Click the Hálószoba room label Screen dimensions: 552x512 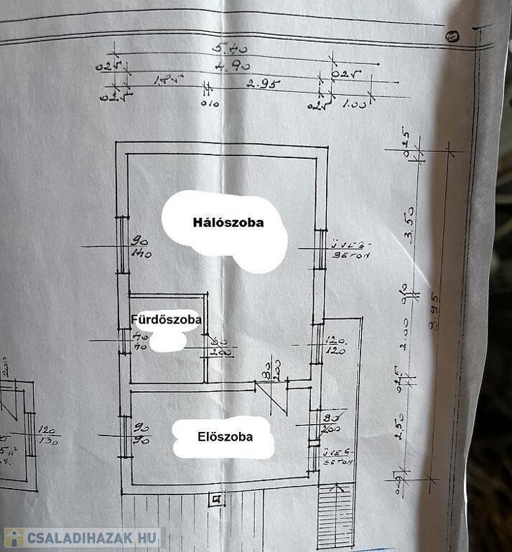(x=228, y=222)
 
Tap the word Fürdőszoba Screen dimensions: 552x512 (x=165, y=318)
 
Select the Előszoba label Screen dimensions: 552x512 (x=225, y=436)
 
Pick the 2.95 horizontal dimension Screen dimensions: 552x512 (x=262, y=83)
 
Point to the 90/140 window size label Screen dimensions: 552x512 (x=139, y=247)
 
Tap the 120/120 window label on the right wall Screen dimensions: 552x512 (x=336, y=345)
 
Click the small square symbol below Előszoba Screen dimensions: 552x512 (x=214, y=498)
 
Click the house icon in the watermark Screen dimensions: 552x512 (x=14, y=538)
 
